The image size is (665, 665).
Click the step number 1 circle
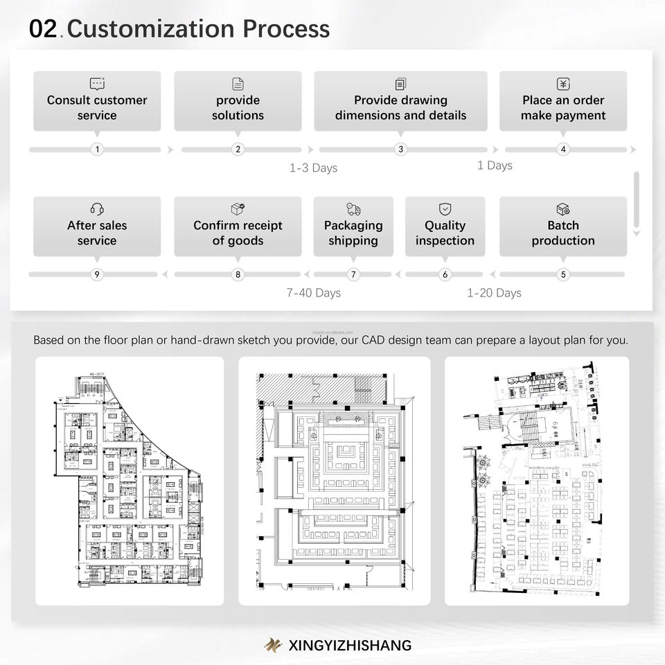tap(97, 150)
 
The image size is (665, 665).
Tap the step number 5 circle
tap(563, 275)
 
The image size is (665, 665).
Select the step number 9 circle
tap(97, 275)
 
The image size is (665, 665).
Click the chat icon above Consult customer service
tap(97, 84)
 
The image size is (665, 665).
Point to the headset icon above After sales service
tap(97, 209)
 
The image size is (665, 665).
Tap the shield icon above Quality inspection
tap(445, 209)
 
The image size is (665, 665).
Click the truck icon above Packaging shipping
tap(353, 209)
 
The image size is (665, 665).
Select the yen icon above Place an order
tap(563, 84)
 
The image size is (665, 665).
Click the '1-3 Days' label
tap(313, 168)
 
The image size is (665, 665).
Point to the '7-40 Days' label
tap(313, 293)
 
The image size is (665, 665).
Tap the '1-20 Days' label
tap(494, 293)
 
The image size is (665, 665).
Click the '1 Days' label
tap(495, 166)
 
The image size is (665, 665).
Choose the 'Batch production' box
tap(563, 227)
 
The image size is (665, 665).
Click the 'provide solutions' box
tap(238, 101)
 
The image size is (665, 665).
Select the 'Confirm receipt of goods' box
tap(238, 227)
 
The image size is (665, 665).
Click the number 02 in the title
tap(44, 29)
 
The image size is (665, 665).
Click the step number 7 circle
tap(353, 275)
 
